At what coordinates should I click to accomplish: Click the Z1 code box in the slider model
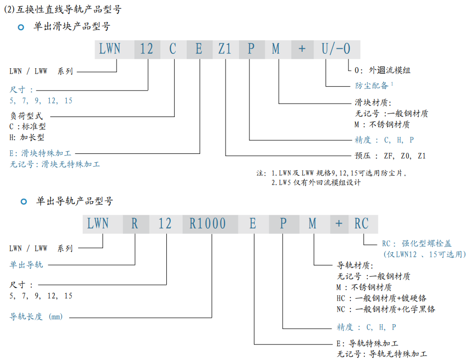pos(225,49)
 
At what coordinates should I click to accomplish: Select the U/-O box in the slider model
pos(336,49)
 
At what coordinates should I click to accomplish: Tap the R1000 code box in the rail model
pos(208,224)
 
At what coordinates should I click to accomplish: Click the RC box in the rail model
pos(361,224)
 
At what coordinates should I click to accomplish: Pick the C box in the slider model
pos(173,49)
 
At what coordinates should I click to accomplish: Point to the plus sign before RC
pos(339,224)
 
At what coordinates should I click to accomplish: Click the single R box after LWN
pos(134,224)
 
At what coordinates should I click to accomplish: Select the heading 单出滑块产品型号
pos(72,27)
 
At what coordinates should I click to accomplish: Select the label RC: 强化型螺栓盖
pos(416,243)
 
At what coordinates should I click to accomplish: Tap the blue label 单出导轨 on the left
pos(26,264)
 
